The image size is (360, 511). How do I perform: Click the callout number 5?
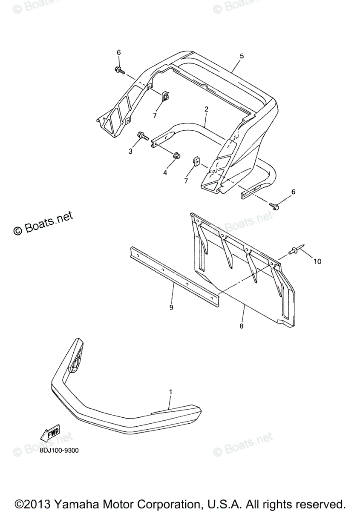pyautogui.click(x=242, y=56)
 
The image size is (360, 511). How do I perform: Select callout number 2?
pyautogui.click(x=206, y=109)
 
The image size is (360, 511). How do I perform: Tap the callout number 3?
pyautogui.click(x=130, y=151)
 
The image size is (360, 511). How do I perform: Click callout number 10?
pyautogui.click(x=317, y=261)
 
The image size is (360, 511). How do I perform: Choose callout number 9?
pyautogui.click(x=171, y=307)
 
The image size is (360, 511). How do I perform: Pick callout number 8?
pyautogui.click(x=242, y=326)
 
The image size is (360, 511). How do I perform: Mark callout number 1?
pyautogui.click(x=170, y=391)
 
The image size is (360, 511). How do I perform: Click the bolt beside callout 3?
pyautogui.click(x=142, y=136)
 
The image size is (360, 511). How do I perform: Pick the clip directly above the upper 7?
pyautogui.click(x=165, y=98)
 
